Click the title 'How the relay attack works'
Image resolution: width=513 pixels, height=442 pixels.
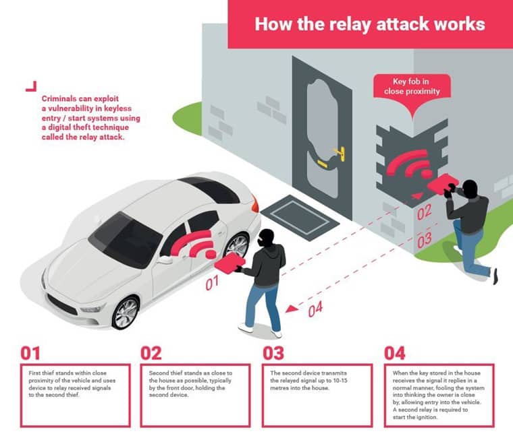coord(369,24)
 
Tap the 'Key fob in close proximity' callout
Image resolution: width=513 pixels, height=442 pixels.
coord(412,86)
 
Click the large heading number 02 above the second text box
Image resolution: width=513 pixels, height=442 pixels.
coord(152,353)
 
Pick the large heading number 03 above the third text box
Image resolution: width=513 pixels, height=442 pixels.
coord(274,353)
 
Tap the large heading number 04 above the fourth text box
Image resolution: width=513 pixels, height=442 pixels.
coord(396,353)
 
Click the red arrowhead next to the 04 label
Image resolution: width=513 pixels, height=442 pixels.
coord(291,309)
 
